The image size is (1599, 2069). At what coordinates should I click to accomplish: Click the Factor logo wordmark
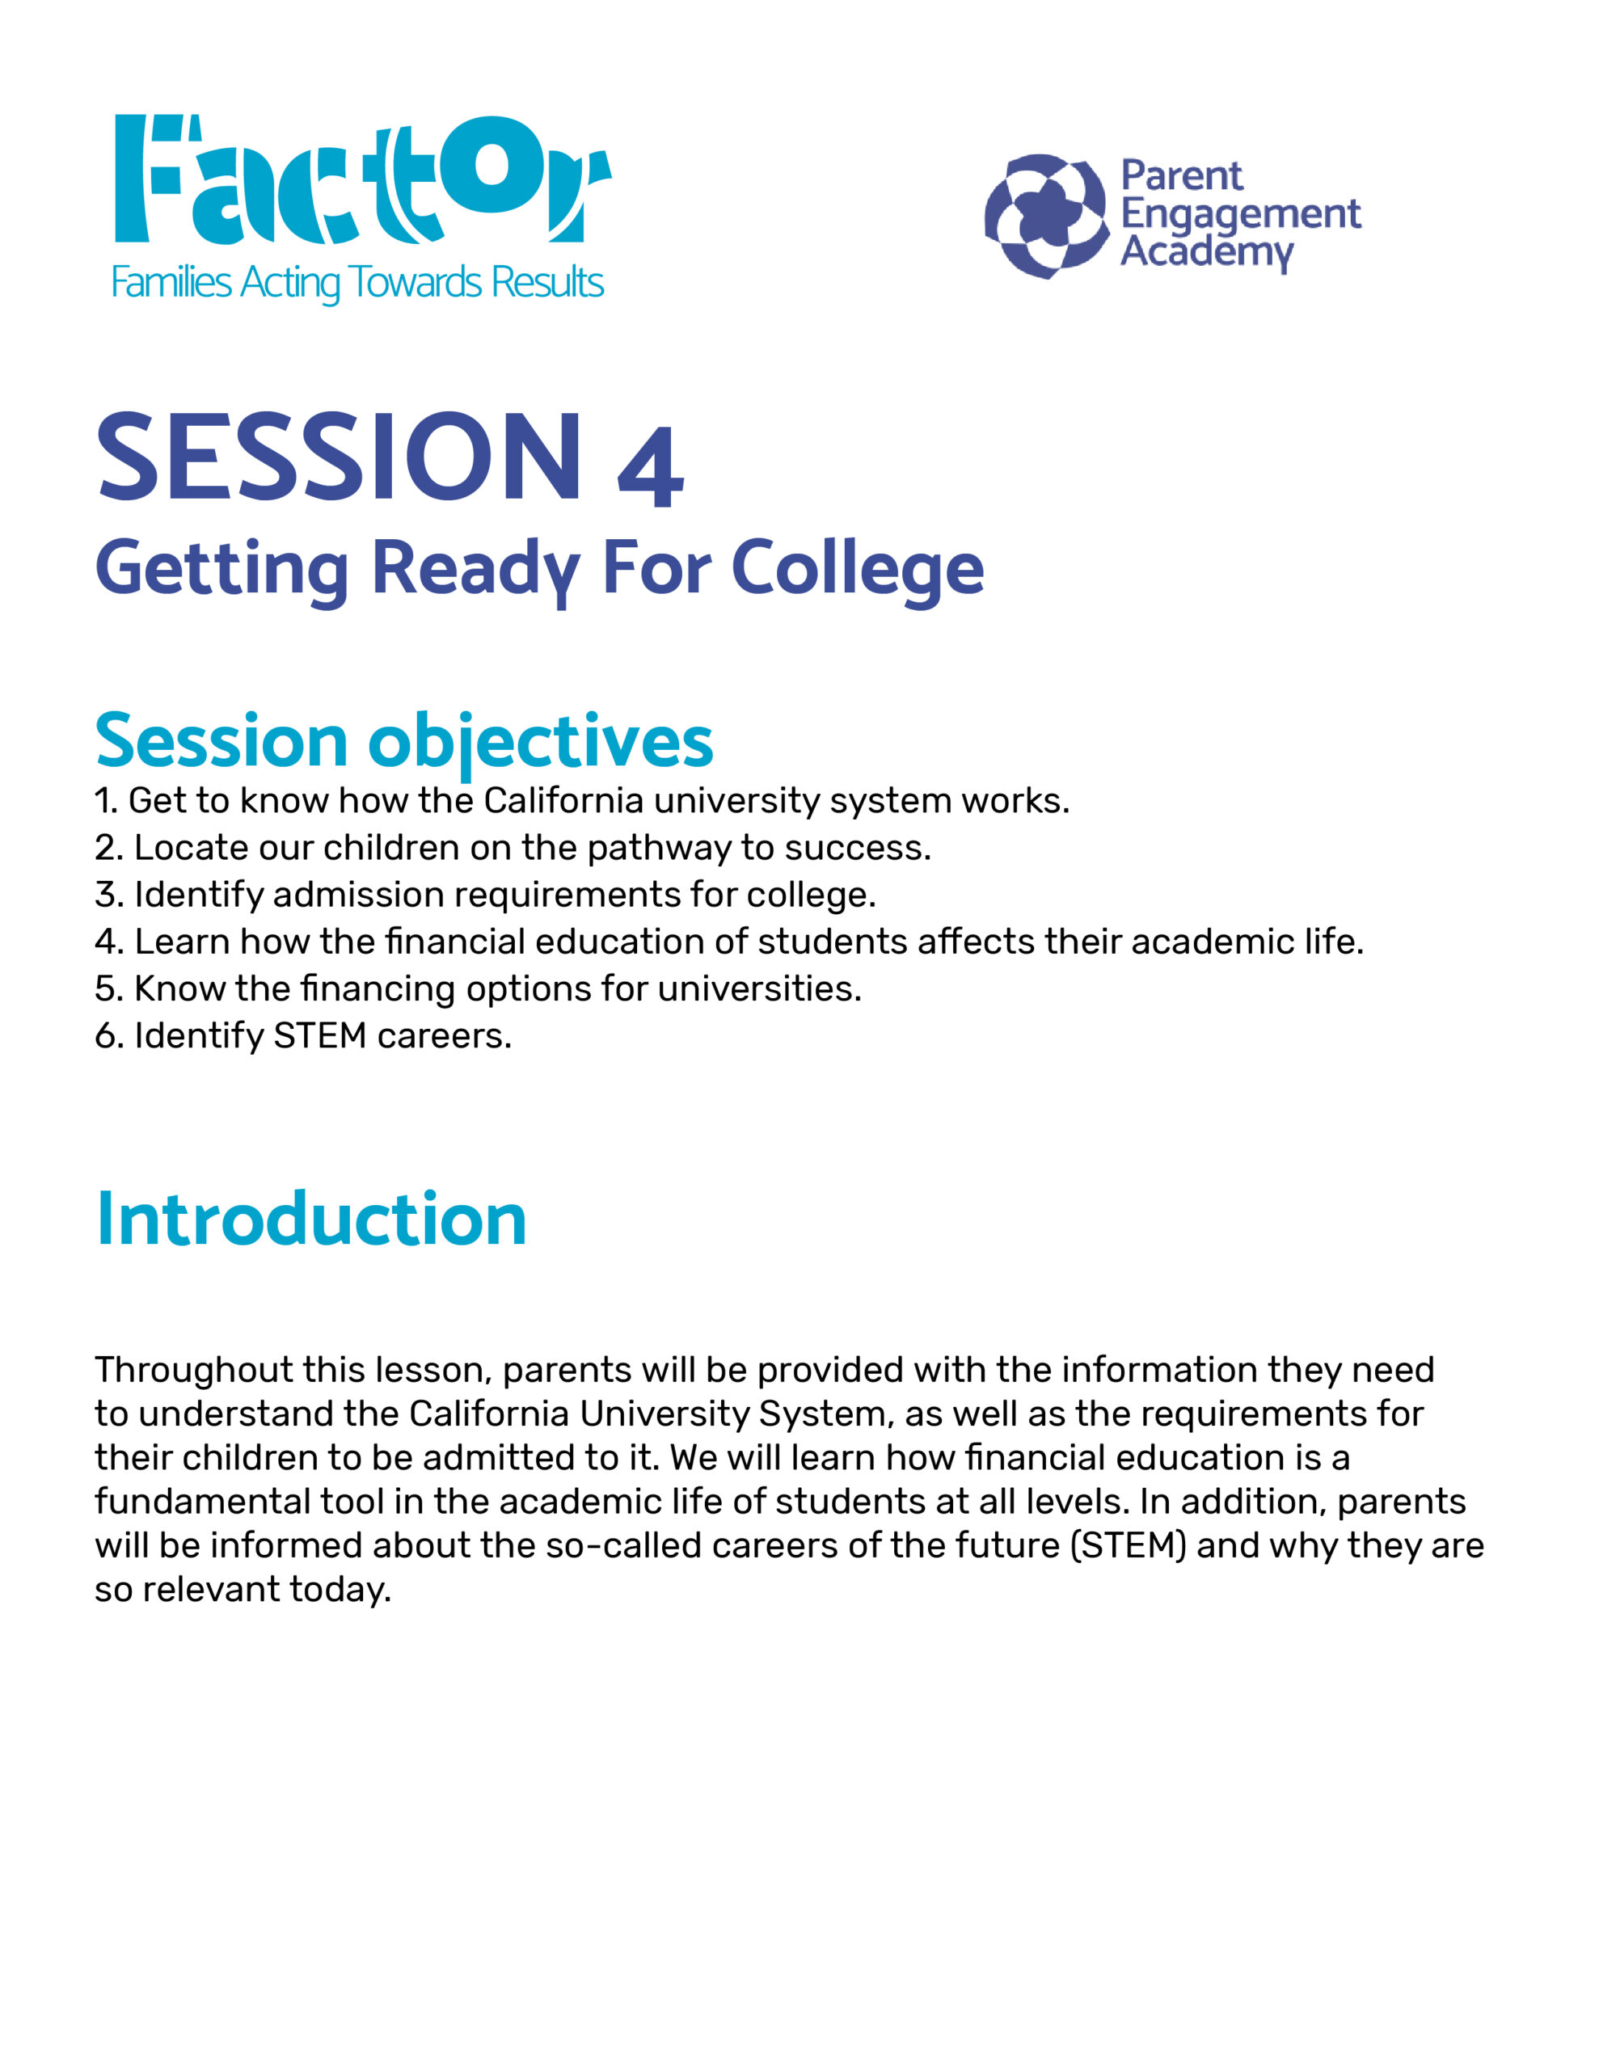click(363, 179)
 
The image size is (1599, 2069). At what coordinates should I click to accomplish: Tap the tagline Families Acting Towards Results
click(357, 283)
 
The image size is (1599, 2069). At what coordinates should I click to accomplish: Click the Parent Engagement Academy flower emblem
click(1046, 216)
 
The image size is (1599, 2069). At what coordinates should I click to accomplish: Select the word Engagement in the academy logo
click(1241, 215)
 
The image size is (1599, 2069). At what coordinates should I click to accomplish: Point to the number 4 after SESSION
click(650, 467)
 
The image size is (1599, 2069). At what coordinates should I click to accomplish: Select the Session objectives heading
click(403, 743)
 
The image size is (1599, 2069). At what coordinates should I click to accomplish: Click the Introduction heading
click(311, 1220)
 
